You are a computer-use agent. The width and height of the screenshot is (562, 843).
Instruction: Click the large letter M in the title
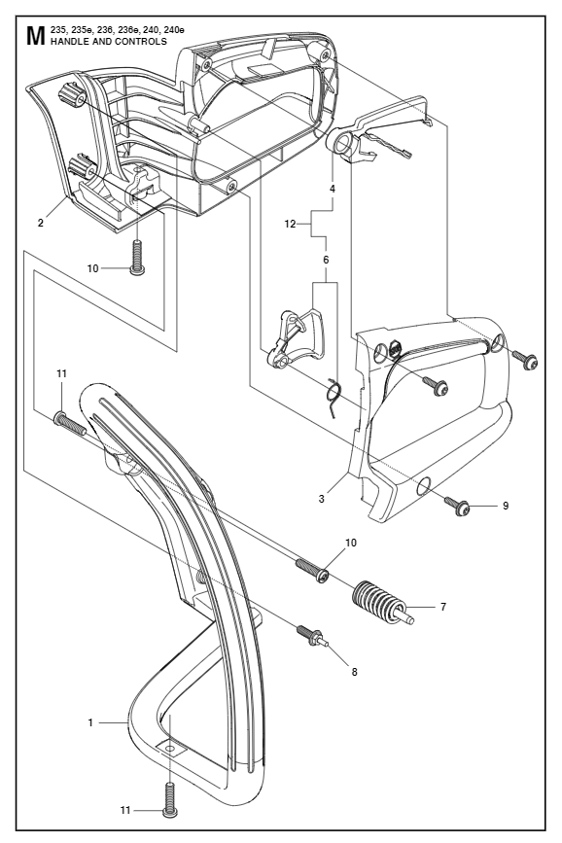pyautogui.click(x=34, y=36)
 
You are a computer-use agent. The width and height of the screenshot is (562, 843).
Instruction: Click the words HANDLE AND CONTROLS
pyautogui.click(x=109, y=42)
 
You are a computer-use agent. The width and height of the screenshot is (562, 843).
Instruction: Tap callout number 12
pyautogui.click(x=290, y=225)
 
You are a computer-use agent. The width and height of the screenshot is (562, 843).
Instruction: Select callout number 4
pyautogui.click(x=333, y=189)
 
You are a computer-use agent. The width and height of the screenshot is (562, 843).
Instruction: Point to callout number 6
pyautogui.click(x=326, y=260)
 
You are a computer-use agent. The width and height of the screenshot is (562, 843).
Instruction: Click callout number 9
pyautogui.click(x=506, y=506)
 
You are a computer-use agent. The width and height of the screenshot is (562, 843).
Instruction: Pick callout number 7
pyautogui.click(x=443, y=607)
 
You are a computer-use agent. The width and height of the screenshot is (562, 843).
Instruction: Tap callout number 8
pyautogui.click(x=354, y=672)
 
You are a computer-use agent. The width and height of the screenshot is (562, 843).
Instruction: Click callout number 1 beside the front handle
pyautogui.click(x=90, y=722)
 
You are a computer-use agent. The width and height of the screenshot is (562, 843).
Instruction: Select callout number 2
pyautogui.click(x=41, y=223)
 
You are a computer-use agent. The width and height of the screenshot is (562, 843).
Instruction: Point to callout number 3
pyautogui.click(x=322, y=499)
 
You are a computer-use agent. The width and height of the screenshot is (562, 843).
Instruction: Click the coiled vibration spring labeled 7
pyautogui.click(x=382, y=603)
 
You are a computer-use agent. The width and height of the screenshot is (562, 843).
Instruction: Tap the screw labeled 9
pyautogui.click(x=458, y=506)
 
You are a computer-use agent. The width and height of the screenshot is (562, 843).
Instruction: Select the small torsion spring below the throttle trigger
pyautogui.click(x=334, y=398)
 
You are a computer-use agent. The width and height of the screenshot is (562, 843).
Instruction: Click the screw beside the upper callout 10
pyautogui.click(x=138, y=258)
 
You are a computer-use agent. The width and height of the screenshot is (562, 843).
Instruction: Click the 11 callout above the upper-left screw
pyautogui.click(x=62, y=373)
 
